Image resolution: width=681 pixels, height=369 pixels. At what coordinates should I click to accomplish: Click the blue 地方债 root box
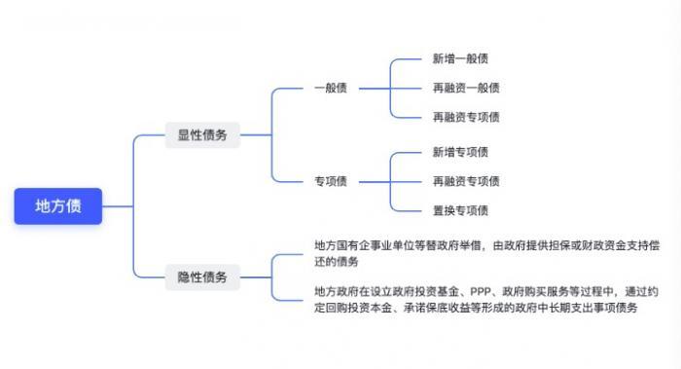(58, 205)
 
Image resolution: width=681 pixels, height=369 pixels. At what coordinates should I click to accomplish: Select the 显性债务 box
(202, 135)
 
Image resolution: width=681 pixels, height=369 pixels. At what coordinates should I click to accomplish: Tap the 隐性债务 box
(202, 277)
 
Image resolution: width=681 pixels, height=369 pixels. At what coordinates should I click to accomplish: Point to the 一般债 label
(331, 89)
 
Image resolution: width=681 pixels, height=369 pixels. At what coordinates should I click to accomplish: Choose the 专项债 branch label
(331, 181)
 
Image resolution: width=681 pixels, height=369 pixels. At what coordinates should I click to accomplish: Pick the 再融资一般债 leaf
(466, 89)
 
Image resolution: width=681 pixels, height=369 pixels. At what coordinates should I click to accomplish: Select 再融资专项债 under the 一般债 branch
(466, 117)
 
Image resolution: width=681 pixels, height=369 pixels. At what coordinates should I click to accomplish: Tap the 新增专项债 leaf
(460, 152)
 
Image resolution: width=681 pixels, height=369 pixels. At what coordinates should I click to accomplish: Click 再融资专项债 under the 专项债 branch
(466, 181)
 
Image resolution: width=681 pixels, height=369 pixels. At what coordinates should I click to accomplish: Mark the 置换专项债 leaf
(460, 210)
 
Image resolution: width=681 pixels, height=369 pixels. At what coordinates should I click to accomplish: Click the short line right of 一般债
(370, 89)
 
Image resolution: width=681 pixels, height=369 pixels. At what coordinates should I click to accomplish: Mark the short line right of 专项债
(370, 181)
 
